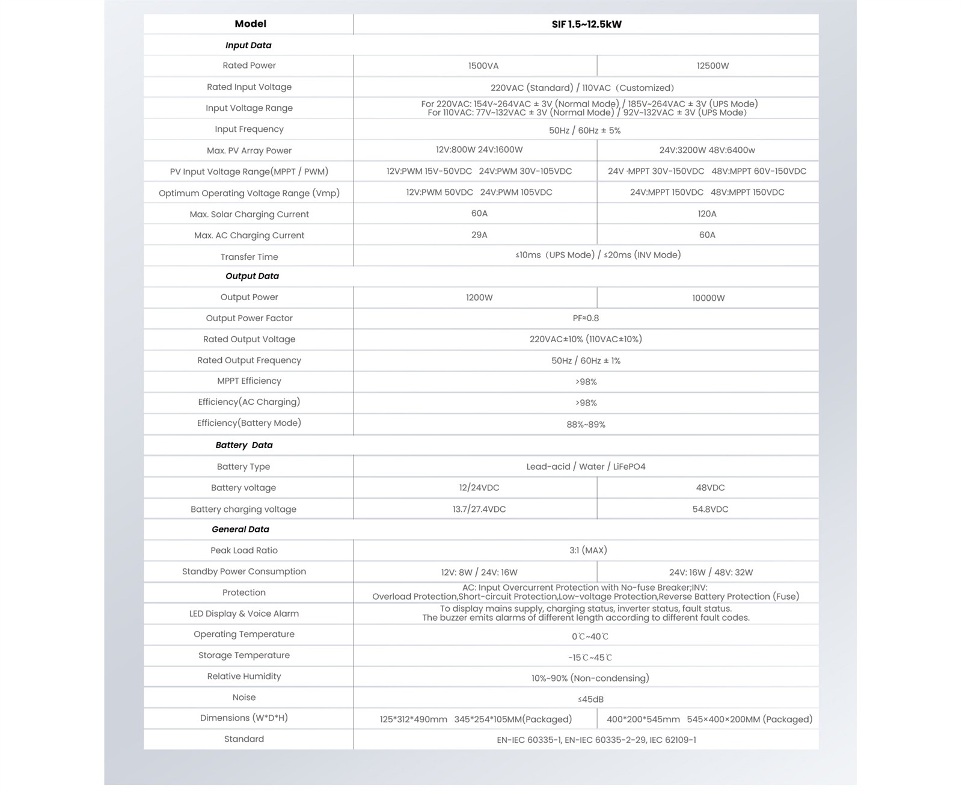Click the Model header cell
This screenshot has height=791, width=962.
250,24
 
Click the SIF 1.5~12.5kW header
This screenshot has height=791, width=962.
586,25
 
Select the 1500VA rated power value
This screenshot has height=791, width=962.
483,66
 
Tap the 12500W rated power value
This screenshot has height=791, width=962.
712,66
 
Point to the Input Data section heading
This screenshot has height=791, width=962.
248,45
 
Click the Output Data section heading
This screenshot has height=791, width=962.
252,276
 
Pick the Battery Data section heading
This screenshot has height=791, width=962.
244,445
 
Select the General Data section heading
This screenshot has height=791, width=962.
240,529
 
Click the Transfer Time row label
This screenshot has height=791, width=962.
249,257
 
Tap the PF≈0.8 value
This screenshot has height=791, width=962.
586,318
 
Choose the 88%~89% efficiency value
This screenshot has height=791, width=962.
586,425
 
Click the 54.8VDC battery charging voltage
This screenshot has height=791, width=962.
710,509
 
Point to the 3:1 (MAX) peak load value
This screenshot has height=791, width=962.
588,550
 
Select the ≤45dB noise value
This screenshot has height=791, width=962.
590,700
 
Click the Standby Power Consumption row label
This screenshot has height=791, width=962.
244,571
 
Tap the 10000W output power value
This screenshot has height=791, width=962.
708,298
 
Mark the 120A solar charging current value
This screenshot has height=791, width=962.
707,214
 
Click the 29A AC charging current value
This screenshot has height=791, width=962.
479,235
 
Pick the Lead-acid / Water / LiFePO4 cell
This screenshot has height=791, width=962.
586,467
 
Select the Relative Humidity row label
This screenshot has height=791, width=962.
244,676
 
